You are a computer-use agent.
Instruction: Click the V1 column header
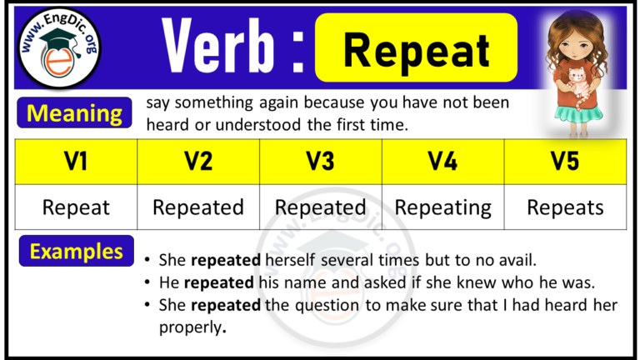[77, 162]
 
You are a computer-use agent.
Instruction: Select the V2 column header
[198, 162]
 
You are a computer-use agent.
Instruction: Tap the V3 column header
[321, 162]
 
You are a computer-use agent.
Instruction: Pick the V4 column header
[442, 162]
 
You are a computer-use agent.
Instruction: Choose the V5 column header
[565, 162]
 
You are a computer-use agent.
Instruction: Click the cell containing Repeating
[442, 207]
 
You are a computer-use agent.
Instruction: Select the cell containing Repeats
[565, 207]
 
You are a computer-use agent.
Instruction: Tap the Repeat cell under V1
[77, 207]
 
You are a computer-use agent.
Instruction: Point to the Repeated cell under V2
[198, 207]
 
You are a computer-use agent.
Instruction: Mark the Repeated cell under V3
[321, 207]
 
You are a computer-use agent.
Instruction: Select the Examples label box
[77, 252]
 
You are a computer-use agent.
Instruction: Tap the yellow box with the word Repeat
[416, 50]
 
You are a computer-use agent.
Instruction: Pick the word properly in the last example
[190, 327]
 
